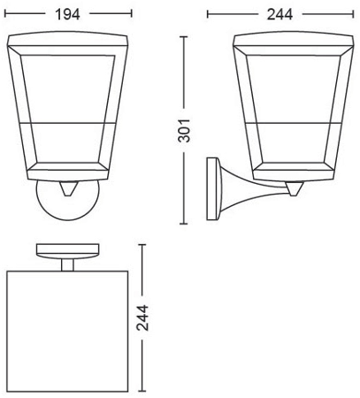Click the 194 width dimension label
click(x=68, y=14)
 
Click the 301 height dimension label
click(x=184, y=131)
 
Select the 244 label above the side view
click(x=280, y=14)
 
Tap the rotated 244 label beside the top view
click(x=142, y=318)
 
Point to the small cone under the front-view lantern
click(x=68, y=188)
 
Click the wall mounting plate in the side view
click(x=212, y=189)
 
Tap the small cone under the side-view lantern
click(x=295, y=188)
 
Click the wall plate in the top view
click(x=67, y=251)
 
